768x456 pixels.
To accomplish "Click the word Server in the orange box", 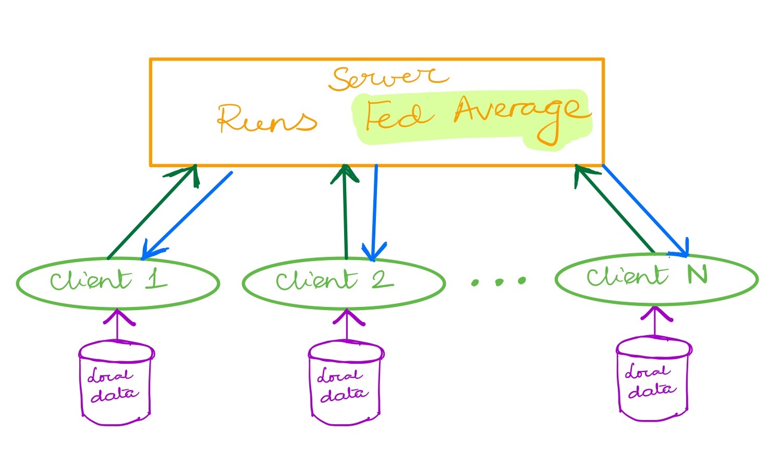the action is pos(388,79).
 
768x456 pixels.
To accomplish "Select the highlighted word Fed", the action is pos(399,115).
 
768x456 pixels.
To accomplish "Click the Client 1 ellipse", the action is pos(118,309).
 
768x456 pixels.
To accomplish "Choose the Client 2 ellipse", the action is pos(344,309).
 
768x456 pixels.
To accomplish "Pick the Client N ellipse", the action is pos(656,304).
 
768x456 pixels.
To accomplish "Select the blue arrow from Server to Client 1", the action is pos(187,216).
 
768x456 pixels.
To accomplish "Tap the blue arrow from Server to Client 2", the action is pos(375,213).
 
